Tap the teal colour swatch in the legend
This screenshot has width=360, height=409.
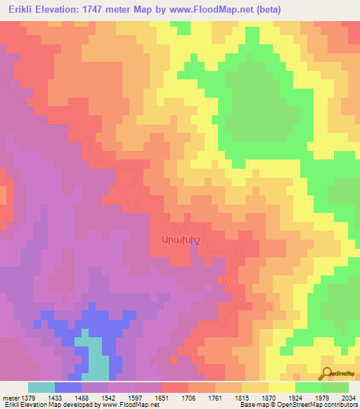[41, 387]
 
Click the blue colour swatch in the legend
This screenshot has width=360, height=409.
[68, 387]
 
